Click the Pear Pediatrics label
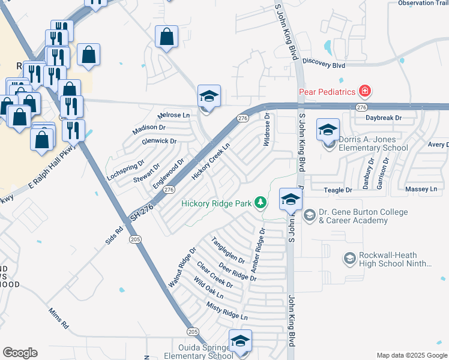[x=328, y=92]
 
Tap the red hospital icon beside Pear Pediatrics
[x=364, y=92]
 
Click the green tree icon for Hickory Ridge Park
[x=261, y=203]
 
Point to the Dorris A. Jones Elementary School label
[x=373, y=143]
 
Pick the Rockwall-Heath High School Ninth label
[x=396, y=259]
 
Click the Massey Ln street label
[x=421, y=190]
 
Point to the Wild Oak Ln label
[x=208, y=287]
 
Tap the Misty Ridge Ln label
[x=227, y=311]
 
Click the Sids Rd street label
[x=113, y=233]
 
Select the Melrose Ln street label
[x=173, y=115]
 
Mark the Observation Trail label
[x=423, y=3]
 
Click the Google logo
[x=20, y=353]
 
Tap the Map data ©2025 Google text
[x=411, y=355]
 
